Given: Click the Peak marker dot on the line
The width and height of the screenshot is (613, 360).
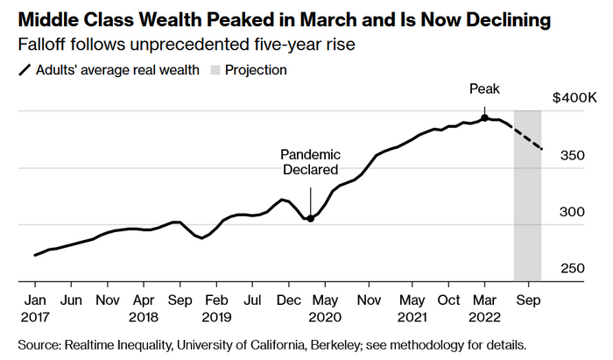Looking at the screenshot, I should [484, 117].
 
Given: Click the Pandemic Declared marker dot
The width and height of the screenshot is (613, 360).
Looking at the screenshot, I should [310, 218].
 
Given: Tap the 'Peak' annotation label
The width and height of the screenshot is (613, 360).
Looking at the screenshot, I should [484, 88].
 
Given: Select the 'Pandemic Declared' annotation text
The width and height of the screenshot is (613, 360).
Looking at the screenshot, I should [310, 162].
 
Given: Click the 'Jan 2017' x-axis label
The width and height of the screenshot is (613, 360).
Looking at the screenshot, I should [35, 306].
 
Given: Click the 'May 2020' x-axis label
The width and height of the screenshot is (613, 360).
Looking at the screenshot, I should [325, 306].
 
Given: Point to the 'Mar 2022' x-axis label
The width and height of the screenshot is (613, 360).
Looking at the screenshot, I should [484, 306].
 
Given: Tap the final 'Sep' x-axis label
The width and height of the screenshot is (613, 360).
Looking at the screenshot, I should [528, 298].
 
